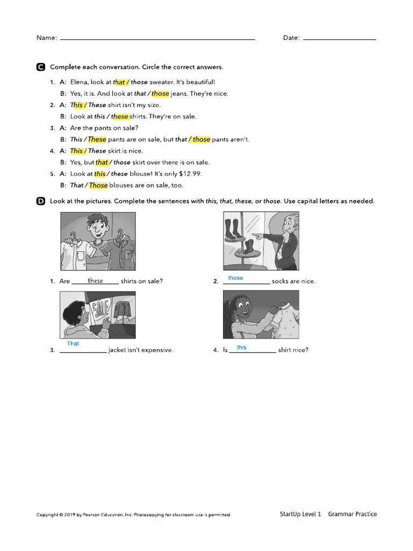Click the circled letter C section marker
(40, 67)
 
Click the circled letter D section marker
(40, 201)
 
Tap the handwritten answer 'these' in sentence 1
(95, 280)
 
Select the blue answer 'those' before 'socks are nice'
(236, 278)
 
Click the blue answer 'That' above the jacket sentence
(73, 343)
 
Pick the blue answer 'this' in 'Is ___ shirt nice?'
(241, 347)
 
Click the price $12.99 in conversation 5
(190, 174)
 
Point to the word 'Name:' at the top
(46, 38)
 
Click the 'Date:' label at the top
(291, 38)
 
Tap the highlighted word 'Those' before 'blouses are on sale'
(98, 185)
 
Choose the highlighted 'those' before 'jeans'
(160, 93)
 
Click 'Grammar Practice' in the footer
(352, 514)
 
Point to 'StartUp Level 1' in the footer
(300, 514)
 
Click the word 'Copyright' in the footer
(47, 515)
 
